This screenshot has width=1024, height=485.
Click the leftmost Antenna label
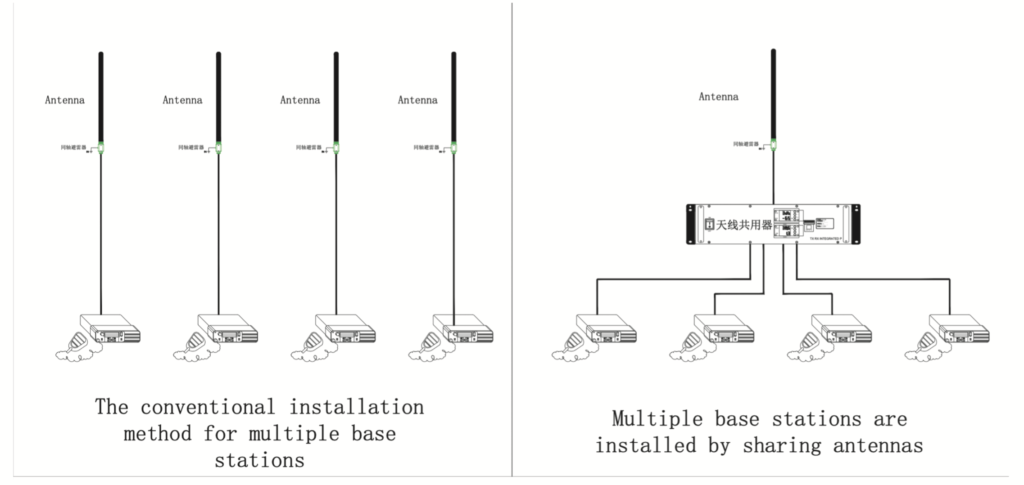[64, 100]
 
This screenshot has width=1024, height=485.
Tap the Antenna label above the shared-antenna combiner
[718, 97]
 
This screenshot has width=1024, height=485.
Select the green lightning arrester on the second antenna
[218, 148]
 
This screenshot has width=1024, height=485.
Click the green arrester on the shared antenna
[773, 144]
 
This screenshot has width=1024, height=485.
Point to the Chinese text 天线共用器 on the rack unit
[743, 225]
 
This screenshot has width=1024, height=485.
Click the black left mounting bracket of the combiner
[690, 224]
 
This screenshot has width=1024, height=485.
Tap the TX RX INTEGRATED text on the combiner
[825, 238]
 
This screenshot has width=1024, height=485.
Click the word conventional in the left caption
[208, 408]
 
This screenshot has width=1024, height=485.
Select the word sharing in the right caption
[782, 446]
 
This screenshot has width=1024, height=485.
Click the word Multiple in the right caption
[657, 419]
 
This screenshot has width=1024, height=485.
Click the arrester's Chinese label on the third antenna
[308, 148]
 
